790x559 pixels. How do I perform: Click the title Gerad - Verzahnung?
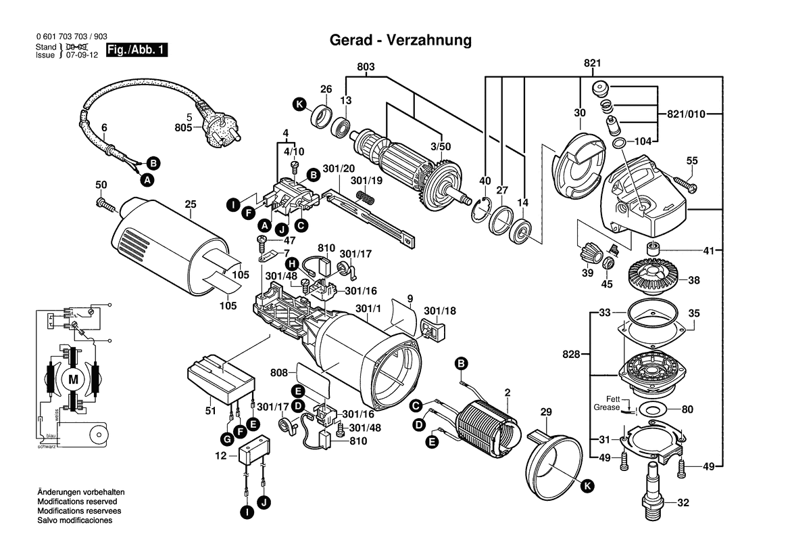pyautogui.click(x=400, y=40)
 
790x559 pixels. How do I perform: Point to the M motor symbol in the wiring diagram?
pyautogui.click(x=72, y=380)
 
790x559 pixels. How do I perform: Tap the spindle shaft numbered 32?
pyautogui.click(x=652, y=491)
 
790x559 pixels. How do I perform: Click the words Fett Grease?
pyautogui.click(x=607, y=403)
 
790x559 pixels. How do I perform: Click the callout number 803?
pyautogui.click(x=365, y=67)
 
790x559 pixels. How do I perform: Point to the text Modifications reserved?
pyautogui.click(x=77, y=501)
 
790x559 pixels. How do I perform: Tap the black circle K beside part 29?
pyautogui.click(x=587, y=485)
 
